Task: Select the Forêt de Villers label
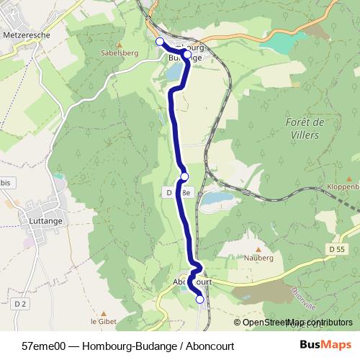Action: (x=306, y=131)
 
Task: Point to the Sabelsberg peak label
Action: (x=120, y=53)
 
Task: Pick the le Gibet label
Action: (x=103, y=321)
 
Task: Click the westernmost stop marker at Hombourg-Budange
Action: (x=160, y=42)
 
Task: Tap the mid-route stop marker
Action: (x=184, y=176)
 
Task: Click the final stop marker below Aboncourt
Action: (x=199, y=300)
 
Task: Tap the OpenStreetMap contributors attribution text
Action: (x=297, y=323)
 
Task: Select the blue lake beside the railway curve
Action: (x=214, y=197)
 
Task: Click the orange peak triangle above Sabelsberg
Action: (x=120, y=42)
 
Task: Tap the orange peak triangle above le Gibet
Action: (x=103, y=312)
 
